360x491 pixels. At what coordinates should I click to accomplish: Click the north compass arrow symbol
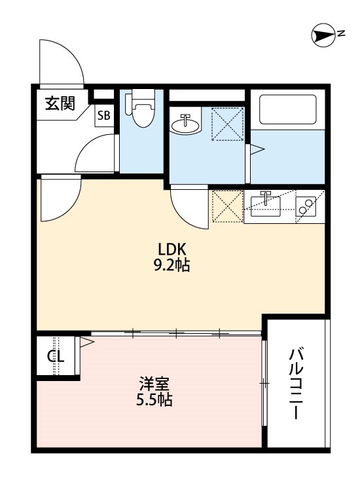[x=323, y=36]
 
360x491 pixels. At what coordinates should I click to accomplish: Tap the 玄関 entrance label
[x=60, y=103]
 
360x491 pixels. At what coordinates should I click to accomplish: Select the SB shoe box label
[x=104, y=117]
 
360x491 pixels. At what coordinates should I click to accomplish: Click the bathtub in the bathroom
[x=288, y=110]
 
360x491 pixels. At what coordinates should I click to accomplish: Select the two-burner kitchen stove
[x=306, y=207]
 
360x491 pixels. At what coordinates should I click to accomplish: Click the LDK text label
[x=173, y=249]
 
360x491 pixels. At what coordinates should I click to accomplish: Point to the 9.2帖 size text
[x=173, y=266]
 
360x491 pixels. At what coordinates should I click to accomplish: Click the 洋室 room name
[x=155, y=383]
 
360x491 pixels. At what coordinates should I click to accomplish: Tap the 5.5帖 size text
[x=155, y=399]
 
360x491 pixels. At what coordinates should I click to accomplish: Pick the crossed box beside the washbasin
[x=227, y=123]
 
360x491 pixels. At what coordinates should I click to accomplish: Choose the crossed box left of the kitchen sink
[x=226, y=206]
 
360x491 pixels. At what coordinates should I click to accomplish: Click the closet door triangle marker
[x=86, y=342]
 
